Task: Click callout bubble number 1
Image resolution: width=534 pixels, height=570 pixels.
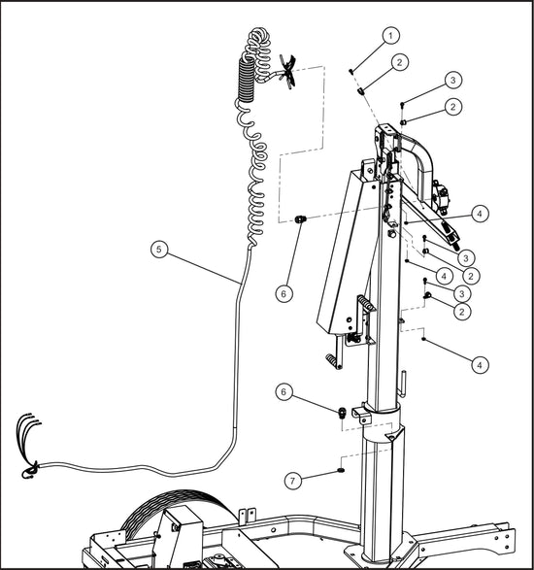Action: coord(391,36)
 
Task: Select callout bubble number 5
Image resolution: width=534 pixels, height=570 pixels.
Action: coord(160,248)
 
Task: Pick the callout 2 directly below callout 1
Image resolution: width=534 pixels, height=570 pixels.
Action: coord(399,61)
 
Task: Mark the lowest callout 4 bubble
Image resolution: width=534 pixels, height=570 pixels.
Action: coord(481,364)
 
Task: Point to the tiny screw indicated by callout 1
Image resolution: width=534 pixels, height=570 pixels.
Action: coord(350,71)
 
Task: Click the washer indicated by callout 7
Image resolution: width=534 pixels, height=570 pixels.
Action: coord(342,470)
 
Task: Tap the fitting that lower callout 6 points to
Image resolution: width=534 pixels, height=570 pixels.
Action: coord(342,413)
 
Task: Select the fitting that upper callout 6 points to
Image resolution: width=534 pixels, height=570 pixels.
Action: coord(300,220)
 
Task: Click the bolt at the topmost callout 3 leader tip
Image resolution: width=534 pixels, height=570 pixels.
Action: coord(402,103)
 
